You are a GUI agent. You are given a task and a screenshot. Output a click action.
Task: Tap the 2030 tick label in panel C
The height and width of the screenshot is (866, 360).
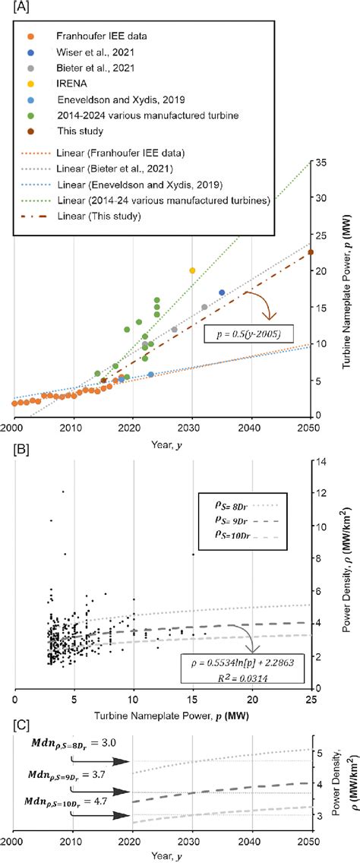[x=192, y=841]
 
